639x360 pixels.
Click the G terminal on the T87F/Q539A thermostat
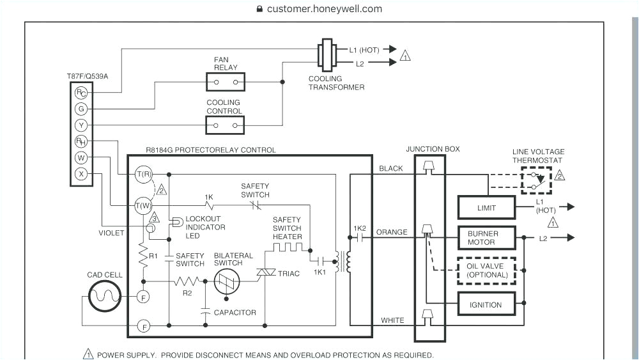[x=81, y=109]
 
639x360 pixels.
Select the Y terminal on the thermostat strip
[x=81, y=125]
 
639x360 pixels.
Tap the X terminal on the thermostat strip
[x=81, y=173]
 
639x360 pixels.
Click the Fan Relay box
[x=225, y=82]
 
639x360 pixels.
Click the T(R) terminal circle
[x=143, y=173]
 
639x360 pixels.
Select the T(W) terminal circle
[x=143, y=205]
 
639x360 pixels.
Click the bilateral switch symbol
[x=226, y=281]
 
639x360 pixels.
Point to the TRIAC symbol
[x=264, y=273]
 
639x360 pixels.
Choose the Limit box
[x=486, y=208]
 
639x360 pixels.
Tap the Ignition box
[x=486, y=304]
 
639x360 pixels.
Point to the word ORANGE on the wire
[x=391, y=232]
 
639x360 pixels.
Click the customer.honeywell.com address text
[x=324, y=9]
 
